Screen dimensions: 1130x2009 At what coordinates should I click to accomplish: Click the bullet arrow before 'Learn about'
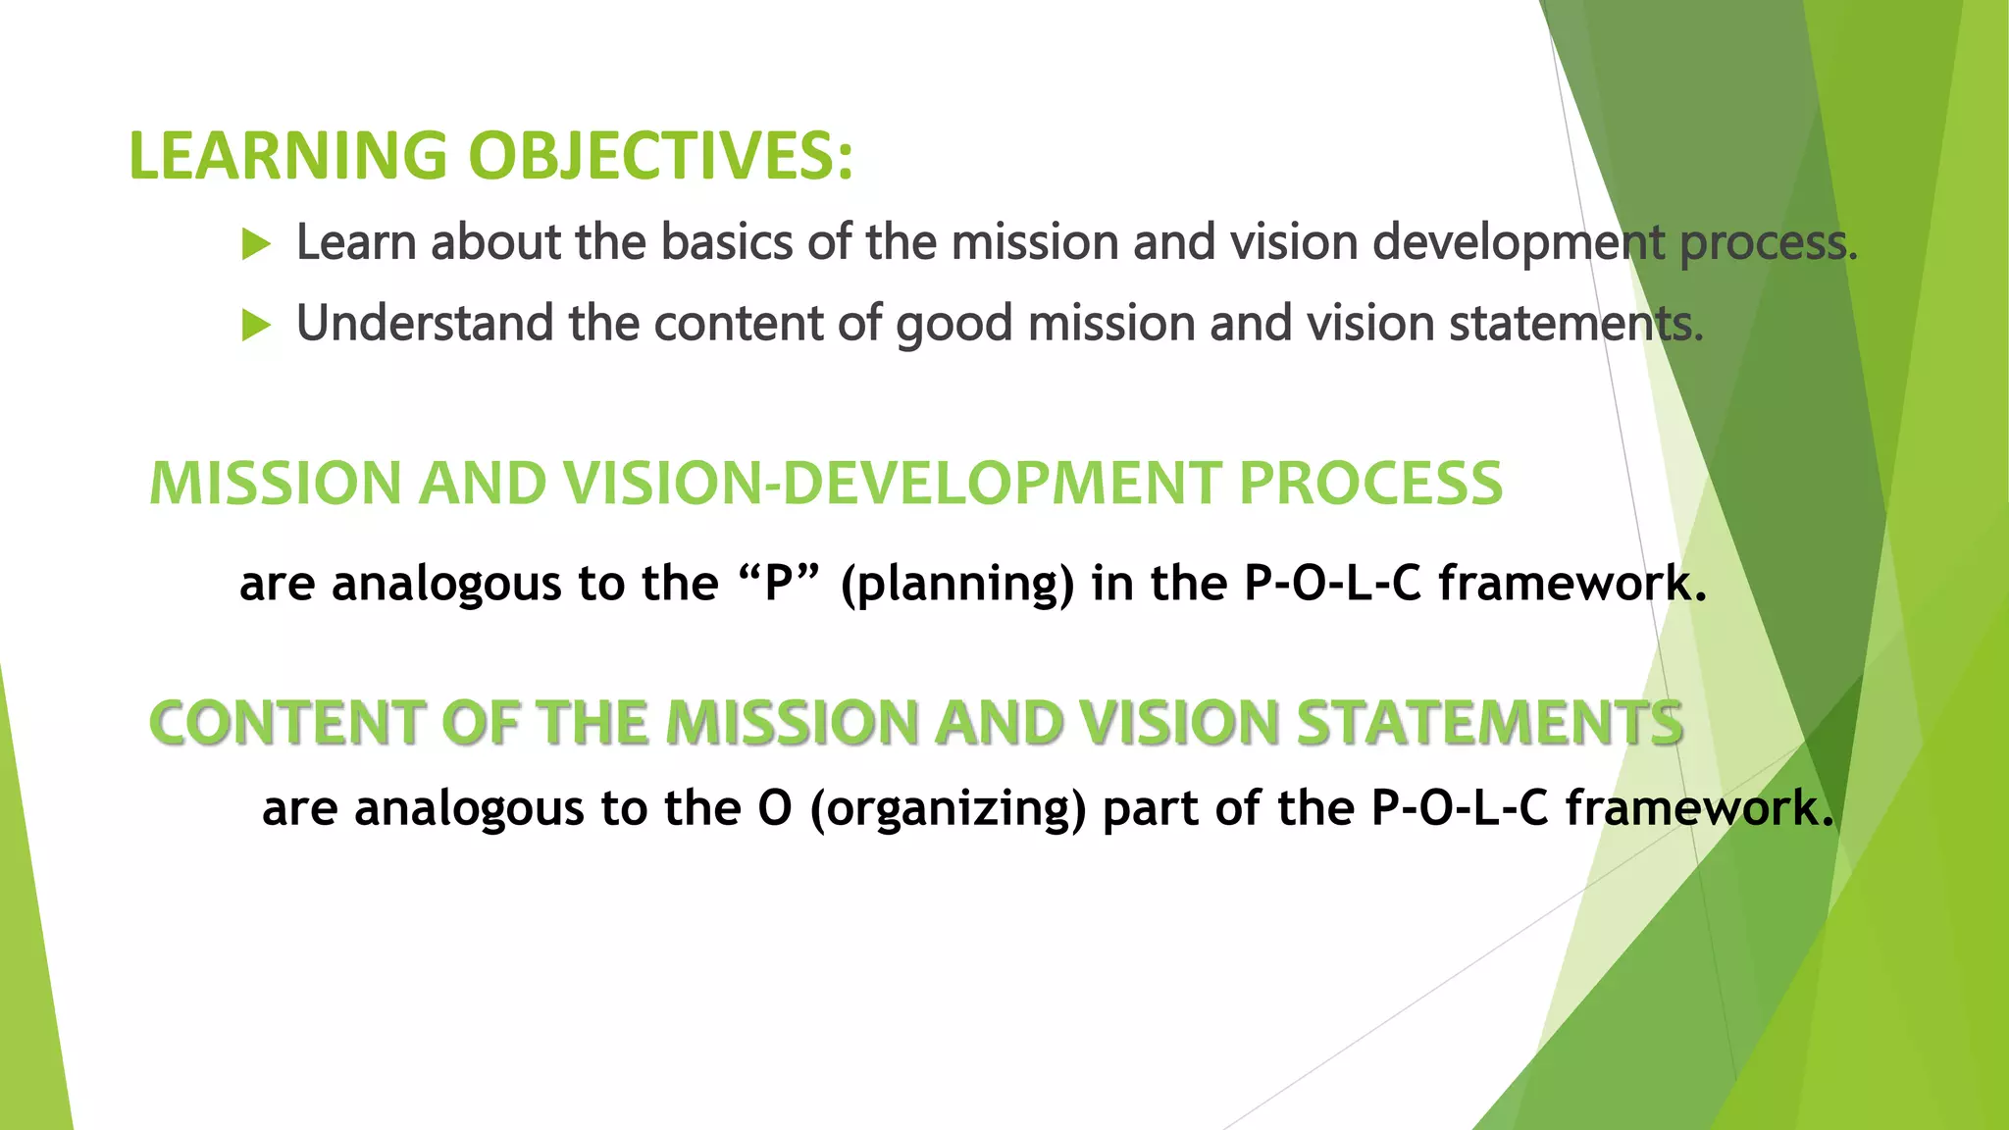coord(255,244)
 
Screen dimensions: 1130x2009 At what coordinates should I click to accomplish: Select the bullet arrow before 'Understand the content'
coord(255,325)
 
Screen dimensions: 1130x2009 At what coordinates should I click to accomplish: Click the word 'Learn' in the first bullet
coord(356,242)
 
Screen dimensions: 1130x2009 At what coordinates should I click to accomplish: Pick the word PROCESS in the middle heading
coord(1370,484)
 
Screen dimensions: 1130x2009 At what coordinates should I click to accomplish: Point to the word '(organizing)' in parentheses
coord(949,810)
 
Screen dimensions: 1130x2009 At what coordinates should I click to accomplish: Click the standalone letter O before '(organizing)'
coord(774,809)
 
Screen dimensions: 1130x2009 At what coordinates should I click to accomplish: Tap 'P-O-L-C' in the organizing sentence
coord(1459,809)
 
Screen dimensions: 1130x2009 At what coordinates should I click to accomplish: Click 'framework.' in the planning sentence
coord(1572,584)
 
